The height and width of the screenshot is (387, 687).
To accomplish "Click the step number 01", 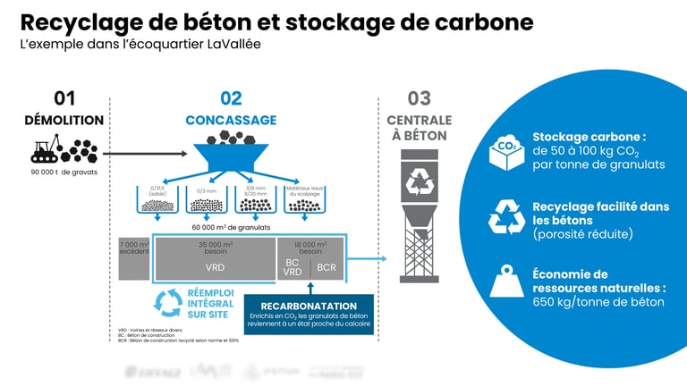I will coord(64,98).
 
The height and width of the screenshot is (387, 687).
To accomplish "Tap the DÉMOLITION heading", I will coord(65,120).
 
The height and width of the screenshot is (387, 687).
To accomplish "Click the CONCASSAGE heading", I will coord(231,120).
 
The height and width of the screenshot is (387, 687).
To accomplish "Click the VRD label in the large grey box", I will coord(214,267).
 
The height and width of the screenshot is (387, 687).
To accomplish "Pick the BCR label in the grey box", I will coord(327,267).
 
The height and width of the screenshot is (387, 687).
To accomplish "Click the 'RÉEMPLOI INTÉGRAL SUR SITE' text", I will coord(212,302).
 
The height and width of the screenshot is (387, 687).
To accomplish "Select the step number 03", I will coord(419,98).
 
